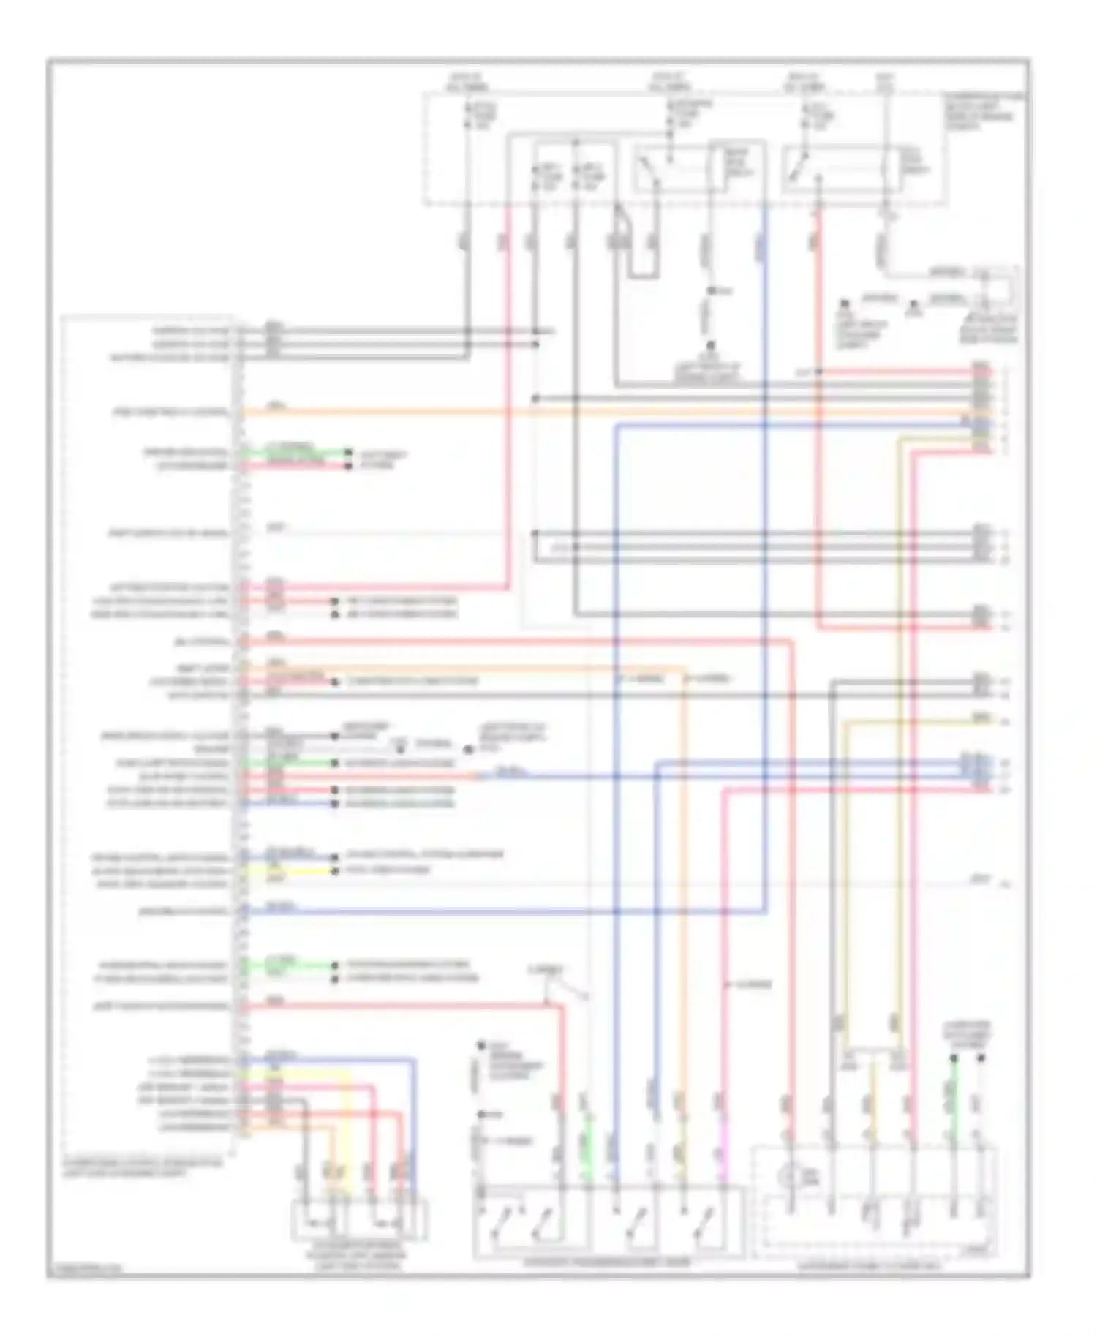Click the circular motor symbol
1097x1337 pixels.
[791, 1178]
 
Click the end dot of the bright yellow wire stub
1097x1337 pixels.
[336, 871]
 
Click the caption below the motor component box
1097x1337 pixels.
[874, 1265]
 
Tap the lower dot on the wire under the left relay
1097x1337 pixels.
[709, 348]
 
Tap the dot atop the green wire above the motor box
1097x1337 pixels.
[954, 1058]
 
